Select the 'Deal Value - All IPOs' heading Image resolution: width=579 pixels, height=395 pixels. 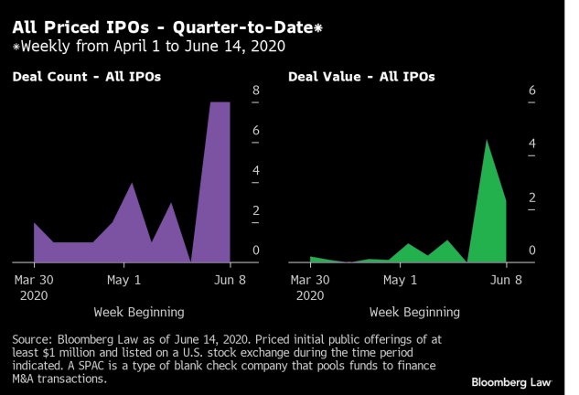tap(362, 77)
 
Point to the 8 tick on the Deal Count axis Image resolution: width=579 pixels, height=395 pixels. tap(256, 91)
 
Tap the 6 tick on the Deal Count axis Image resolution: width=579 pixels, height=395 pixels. tap(256, 131)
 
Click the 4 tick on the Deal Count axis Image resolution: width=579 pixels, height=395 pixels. tap(256, 171)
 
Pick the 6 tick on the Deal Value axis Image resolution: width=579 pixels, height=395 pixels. tap(532, 91)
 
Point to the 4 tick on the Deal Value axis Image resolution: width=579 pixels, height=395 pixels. tap(532, 144)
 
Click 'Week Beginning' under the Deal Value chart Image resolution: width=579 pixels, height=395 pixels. tap(407, 312)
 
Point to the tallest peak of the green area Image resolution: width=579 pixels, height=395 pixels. tap(487, 140)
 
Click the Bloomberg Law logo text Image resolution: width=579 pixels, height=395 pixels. tap(511, 380)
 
